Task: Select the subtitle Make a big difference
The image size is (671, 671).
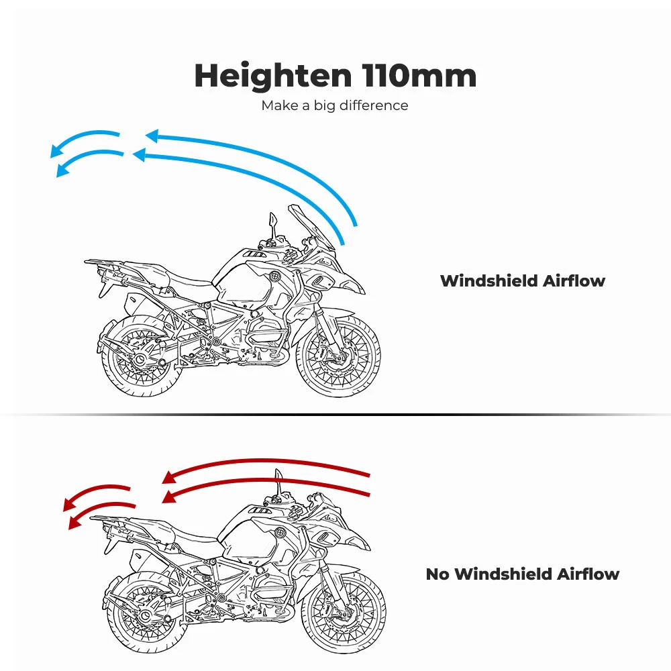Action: [335, 105]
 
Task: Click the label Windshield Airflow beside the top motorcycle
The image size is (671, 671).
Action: [523, 280]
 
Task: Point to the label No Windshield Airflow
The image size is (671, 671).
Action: [523, 574]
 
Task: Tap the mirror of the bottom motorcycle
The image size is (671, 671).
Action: [278, 478]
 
